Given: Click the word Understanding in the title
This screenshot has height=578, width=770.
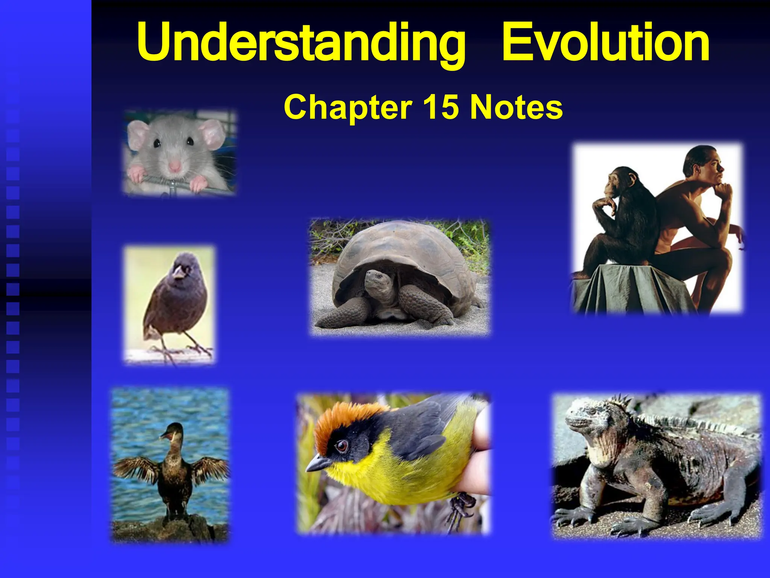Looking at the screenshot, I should click(x=301, y=42).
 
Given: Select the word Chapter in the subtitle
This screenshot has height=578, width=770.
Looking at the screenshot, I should click(x=348, y=107).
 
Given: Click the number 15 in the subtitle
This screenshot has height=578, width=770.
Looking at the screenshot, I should click(x=441, y=107).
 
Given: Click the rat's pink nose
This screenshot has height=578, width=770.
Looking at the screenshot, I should click(x=174, y=166).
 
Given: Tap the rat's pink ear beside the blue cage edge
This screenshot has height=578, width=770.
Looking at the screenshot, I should click(x=213, y=134).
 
